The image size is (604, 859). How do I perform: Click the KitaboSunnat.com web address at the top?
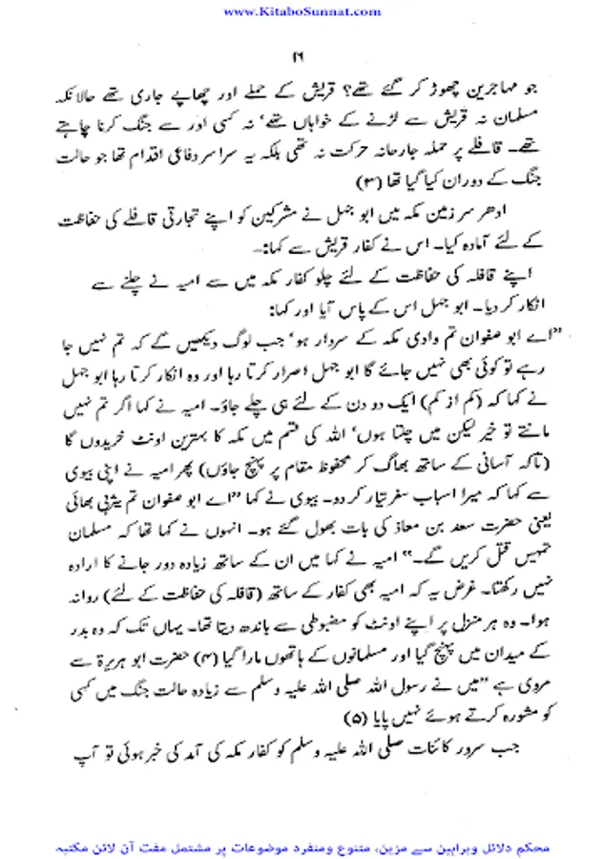[x=302, y=11]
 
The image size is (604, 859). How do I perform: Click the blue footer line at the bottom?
[x=302, y=845]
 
